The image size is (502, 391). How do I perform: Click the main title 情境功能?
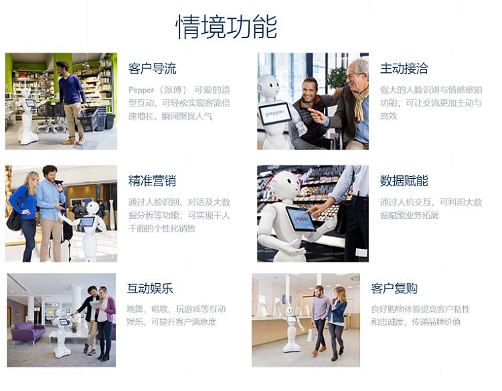(x=226, y=27)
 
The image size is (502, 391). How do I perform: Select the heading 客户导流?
(x=152, y=68)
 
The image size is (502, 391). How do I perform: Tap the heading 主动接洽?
(x=404, y=68)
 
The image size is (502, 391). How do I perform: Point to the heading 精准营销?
(x=152, y=181)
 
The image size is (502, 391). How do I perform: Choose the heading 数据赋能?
(x=404, y=181)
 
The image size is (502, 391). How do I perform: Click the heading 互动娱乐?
(x=150, y=289)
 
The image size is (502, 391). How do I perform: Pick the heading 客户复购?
(x=394, y=289)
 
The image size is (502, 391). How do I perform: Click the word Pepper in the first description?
(x=141, y=90)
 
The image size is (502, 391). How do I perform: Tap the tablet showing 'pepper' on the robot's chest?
(x=275, y=113)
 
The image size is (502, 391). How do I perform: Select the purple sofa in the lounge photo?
(x=28, y=332)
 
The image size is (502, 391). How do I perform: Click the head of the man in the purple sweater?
(x=64, y=67)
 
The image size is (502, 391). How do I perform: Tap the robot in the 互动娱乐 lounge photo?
(x=62, y=333)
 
